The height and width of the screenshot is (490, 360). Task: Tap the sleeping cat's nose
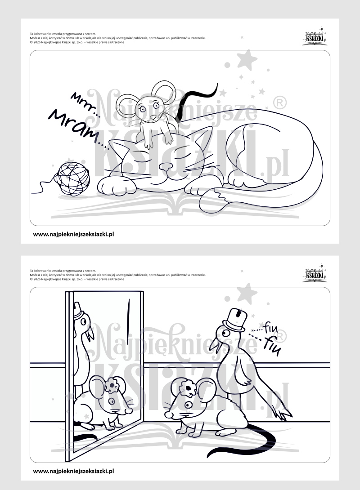166,167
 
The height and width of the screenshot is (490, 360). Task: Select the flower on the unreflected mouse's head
187,388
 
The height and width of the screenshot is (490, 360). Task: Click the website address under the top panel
73,234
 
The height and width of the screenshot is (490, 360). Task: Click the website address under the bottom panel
73,471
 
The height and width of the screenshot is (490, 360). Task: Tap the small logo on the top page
315,37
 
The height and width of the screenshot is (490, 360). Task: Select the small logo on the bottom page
315,274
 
